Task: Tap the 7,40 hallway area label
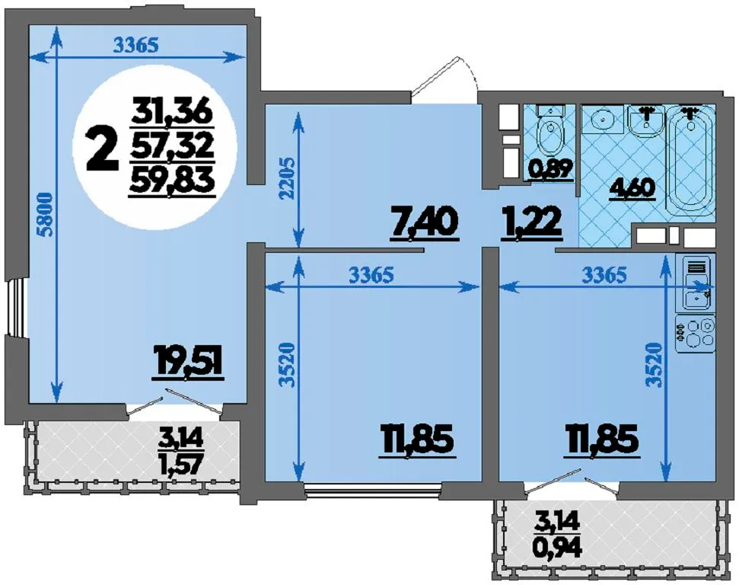coord(424,224)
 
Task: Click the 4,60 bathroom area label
coord(632,189)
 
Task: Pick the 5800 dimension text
coord(46,213)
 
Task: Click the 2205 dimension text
coord(286,178)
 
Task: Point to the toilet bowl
coord(550,131)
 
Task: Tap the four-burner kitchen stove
coord(695,334)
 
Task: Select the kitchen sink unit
coord(695,283)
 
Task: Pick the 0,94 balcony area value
coord(559,548)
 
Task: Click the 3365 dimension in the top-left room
coord(135,45)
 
